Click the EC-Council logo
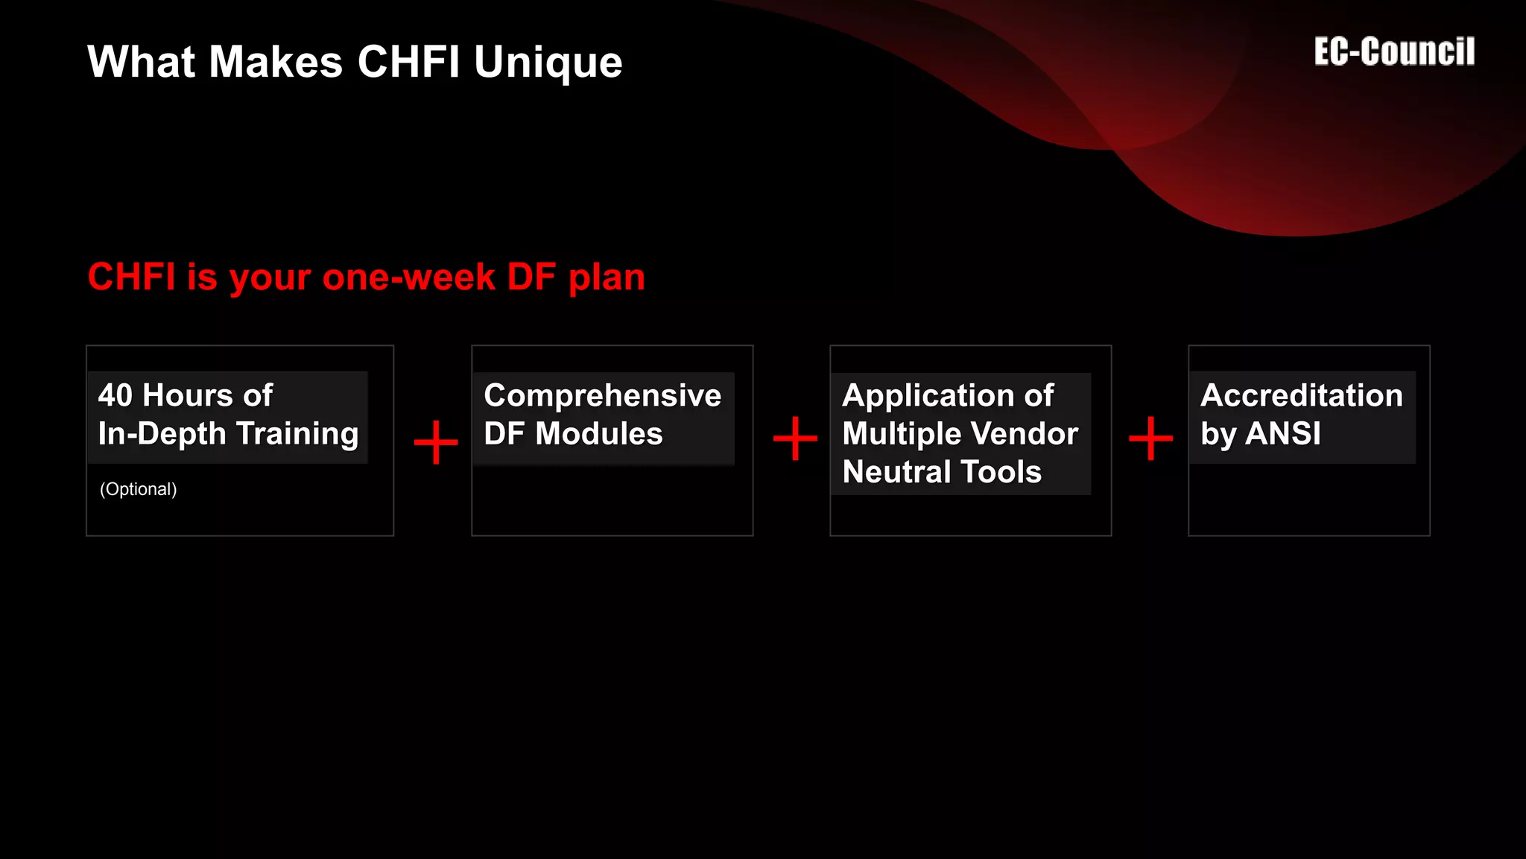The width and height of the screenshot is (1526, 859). tap(1394, 52)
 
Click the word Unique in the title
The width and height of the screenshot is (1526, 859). tap(548, 62)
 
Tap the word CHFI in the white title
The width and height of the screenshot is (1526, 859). tap(408, 62)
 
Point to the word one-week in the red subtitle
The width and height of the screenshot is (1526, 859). tap(409, 277)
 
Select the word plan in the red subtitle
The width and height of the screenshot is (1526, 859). tap(607, 277)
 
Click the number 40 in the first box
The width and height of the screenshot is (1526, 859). tap(115, 395)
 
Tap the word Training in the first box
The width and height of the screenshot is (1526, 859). tap(297, 433)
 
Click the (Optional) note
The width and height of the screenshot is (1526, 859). tap(139, 489)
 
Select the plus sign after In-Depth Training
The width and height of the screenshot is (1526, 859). tap(436, 442)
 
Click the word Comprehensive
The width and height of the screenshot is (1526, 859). tap(602, 395)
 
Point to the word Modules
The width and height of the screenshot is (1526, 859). tap(598, 434)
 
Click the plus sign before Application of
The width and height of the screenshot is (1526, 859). tap(795, 438)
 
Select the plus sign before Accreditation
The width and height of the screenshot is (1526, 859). tap(1150, 438)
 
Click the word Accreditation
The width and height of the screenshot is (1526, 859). tap(1301, 395)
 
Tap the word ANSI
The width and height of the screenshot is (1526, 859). tap(1283, 434)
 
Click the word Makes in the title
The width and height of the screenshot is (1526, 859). tap(276, 62)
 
